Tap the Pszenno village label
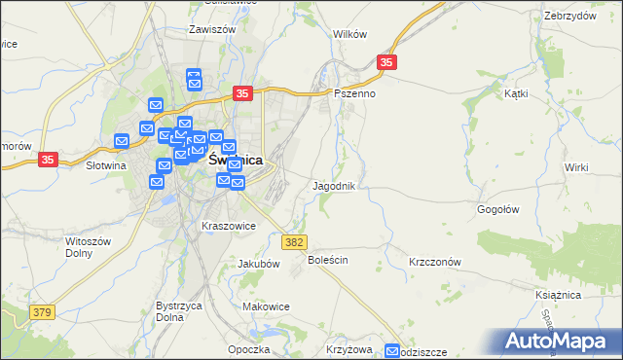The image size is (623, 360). [354, 94]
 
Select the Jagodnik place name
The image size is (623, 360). [340, 185]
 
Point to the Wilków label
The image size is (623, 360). [349, 34]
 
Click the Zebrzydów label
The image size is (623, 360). [570, 16]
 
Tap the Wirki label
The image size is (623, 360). [576, 167]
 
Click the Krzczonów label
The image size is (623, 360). [434, 263]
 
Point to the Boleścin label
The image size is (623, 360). [328, 261]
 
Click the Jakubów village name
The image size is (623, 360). [259, 264]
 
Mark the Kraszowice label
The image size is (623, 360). [228, 226]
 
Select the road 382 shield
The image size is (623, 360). [294, 240]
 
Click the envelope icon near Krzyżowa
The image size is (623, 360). [393, 351]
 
